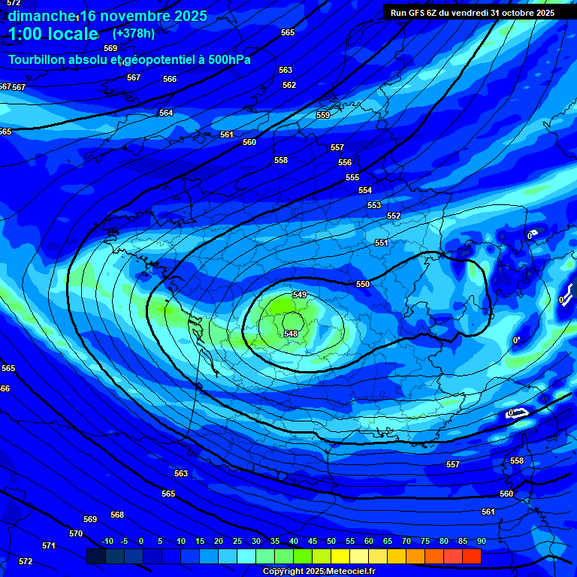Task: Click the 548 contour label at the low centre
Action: tap(291, 334)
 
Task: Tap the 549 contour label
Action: tap(299, 295)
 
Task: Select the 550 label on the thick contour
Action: tap(363, 284)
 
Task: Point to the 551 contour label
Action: tap(382, 243)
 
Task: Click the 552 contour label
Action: tap(394, 216)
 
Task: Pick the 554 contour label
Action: tap(365, 190)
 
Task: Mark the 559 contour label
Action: tap(323, 115)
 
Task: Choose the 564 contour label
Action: tap(166, 113)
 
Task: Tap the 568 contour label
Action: tap(117, 515)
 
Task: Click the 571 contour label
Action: tap(49, 545)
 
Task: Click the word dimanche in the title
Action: tap(42, 16)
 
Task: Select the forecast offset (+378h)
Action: tap(134, 33)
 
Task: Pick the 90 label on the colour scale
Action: tap(481, 541)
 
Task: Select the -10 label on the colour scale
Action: tap(107, 541)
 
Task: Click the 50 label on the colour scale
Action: tap(331, 541)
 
